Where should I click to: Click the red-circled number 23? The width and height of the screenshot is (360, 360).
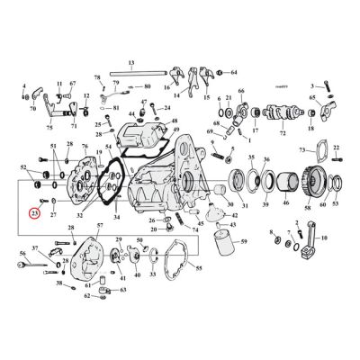point(35,213)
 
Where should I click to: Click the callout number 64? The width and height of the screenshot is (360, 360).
point(233,71)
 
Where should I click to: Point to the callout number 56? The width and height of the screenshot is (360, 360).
point(22,255)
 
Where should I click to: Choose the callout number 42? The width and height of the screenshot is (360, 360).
point(235,216)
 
